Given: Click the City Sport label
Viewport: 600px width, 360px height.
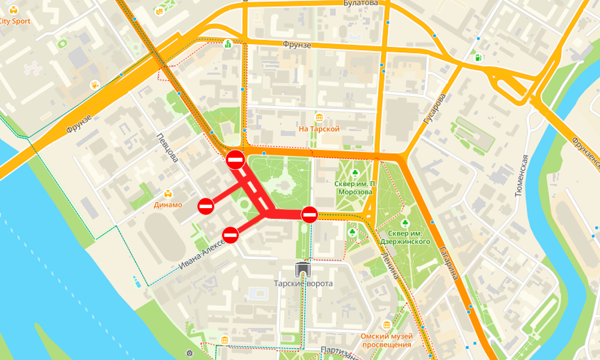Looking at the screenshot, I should (15, 21).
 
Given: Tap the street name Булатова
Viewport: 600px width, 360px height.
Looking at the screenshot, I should (361, 3).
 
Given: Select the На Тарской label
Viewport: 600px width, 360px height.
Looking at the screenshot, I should (319, 129).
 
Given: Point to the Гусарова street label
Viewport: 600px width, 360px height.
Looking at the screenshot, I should (434, 109).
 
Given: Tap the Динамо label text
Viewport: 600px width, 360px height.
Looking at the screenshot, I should (168, 205).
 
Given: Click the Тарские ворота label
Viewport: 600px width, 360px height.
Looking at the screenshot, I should (304, 283).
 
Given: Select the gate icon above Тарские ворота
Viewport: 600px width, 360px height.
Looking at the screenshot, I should (304, 268).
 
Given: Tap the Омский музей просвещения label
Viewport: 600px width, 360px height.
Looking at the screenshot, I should (386, 340).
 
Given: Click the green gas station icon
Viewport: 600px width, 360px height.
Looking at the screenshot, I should (478, 58).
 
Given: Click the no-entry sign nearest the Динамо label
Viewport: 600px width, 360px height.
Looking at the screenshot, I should (206, 206).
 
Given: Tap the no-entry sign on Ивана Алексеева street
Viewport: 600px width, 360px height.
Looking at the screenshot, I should (230, 235).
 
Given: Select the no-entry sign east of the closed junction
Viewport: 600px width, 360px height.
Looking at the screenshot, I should (310, 214).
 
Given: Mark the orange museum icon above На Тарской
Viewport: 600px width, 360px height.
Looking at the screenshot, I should (319, 117).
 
